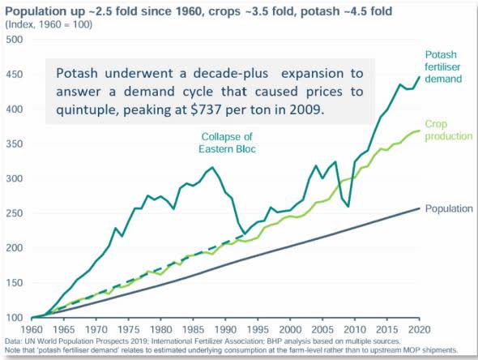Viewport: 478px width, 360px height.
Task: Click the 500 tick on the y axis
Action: (x=15, y=39)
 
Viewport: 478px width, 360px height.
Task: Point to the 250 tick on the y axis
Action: (x=15, y=213)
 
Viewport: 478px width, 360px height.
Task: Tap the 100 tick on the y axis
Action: (x=15, y=318)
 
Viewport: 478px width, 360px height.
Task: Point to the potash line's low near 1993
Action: (x=244, y=235)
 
